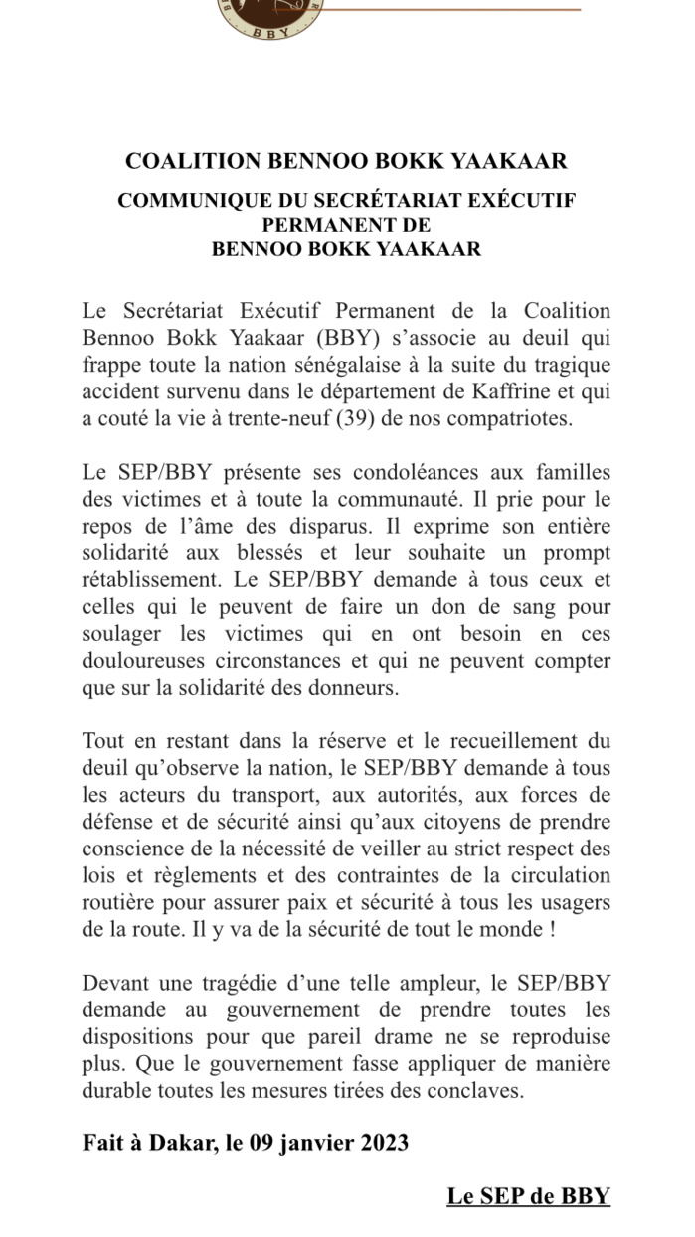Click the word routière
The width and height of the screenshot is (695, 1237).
coord(116,903)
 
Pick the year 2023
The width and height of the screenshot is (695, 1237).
coord(379,1143)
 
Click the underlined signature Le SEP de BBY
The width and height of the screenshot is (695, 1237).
coord(528,1196)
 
